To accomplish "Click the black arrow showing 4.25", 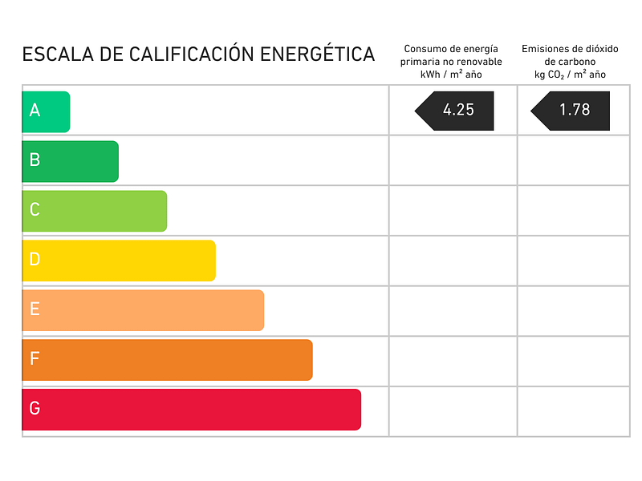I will [455, 111].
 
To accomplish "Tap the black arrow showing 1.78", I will [571, 111].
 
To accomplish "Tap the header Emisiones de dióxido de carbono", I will [570, 62].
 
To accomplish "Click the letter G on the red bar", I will [35, 409].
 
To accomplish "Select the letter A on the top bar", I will [35, 111].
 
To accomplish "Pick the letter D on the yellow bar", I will [35, 260].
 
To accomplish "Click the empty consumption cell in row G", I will [453, 411].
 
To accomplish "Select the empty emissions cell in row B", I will [573, 160].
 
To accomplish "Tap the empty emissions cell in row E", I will [573, 311].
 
